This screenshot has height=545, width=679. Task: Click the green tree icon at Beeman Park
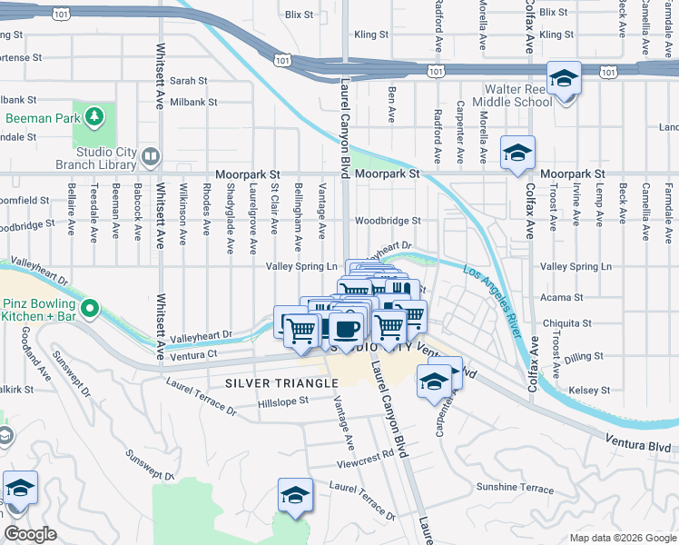(93, 117)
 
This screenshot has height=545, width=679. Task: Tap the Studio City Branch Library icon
(151, 157)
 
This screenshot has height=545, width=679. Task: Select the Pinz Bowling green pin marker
(89, 310)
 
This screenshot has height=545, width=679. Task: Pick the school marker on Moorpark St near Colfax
(517, 153)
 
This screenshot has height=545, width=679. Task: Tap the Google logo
(31, 534)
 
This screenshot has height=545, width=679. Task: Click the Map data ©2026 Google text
(622, 538)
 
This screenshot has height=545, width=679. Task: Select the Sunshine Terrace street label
(515, 489)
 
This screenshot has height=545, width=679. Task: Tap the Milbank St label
(193, 102)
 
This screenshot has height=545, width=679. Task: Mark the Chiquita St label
(566, 322)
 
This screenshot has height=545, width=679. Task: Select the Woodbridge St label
(388, 220)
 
